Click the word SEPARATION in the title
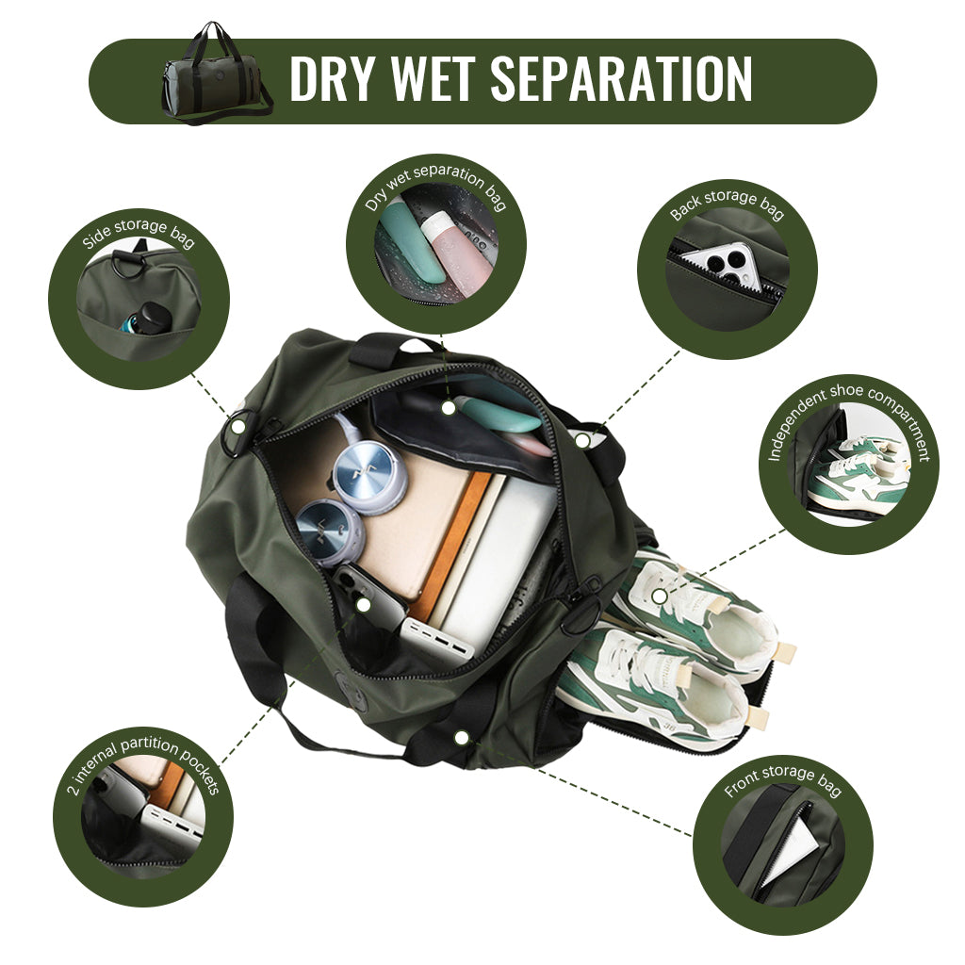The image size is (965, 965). click(621, 78)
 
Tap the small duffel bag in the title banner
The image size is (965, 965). click(217, 74)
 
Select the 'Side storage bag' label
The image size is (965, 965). click(139, 234)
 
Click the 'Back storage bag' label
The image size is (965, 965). click(727, 204)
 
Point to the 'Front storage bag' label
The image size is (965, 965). click(783, 780)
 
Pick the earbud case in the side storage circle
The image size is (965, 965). click(148, 318)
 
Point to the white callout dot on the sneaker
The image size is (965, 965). click(659, 596)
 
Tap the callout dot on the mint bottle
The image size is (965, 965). click(450, 407)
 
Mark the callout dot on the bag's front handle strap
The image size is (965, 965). click(461, 737)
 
